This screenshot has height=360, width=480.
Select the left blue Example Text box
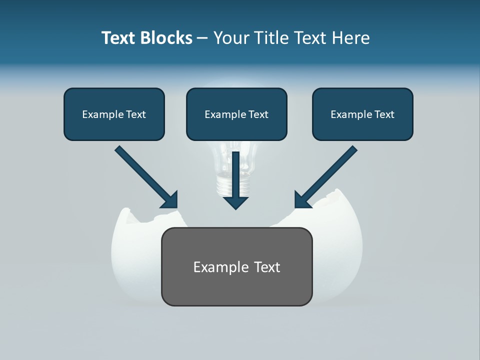pos(114,114)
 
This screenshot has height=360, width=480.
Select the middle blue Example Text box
pos(236,114)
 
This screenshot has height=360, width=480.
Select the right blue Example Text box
pos(362,114)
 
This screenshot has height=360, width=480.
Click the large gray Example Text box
pos(236,266)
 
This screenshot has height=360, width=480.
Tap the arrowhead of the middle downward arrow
pos(236,202)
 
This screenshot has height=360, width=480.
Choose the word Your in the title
pos(229,38)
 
